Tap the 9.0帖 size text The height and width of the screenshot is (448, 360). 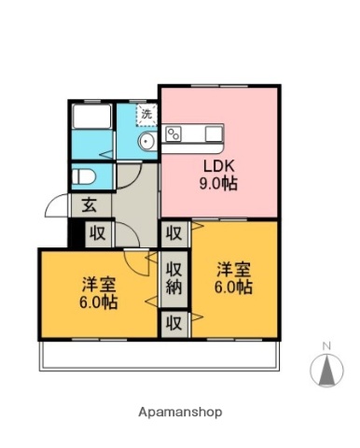[x=221, y=184]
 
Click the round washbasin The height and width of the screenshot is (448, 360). [x=146, y=142]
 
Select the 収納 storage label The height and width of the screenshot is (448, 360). [x=173, y=277]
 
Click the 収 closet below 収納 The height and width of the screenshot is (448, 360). [x=173, y=323]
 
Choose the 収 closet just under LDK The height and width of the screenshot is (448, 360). [x=173, y=232]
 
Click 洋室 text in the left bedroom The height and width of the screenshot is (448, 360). [x=98, y=285]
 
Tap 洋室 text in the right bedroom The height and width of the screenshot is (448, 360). [x=233, y=270]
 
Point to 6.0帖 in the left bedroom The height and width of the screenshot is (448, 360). [x=98, y=302]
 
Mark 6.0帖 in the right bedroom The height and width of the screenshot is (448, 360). [x=233, y=287]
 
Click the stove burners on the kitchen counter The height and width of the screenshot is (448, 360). [x=173, y=133]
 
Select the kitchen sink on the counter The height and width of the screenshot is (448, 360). [x=206, y=133]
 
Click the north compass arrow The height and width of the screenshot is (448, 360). [x=326, y=371]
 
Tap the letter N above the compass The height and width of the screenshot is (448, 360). [x=326, y=347]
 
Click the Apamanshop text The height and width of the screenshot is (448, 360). [x=180, y=411]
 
